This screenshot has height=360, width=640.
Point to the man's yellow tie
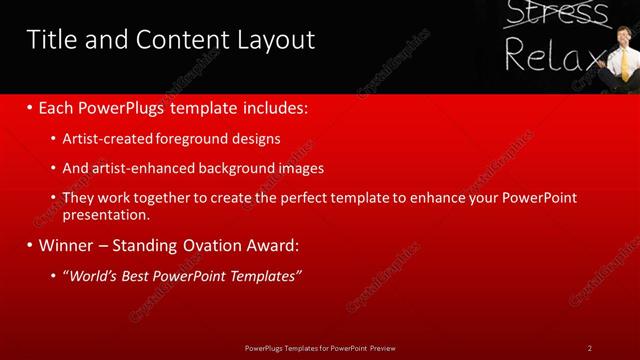click(624, 66)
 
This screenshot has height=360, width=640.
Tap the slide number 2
click(590, 348)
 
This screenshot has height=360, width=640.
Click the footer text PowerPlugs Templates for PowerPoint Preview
click(320, 348)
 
